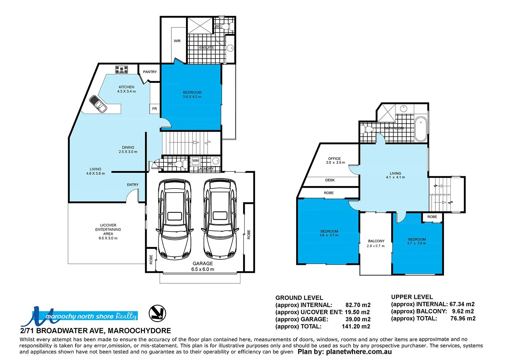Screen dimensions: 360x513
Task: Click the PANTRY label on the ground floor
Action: pyautogui.click(x=150, y=72)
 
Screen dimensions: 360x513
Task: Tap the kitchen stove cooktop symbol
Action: pyautogui.click(x=121, y=70)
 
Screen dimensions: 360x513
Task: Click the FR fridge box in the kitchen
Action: pyautogui.click(x=155, y=109)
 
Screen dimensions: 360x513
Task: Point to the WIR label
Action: pyautogui.click(x=177, y=41)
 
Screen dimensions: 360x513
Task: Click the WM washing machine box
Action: pyautogui.click(x=195, y=160)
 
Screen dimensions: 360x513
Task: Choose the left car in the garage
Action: pyautogui.click(x=174, y=219)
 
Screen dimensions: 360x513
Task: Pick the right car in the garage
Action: pyautogui.click(x=220, y=219)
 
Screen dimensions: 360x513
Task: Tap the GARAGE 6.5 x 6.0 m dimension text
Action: pyautogui.click(x=203, y=269)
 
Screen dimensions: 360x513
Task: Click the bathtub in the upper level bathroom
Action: pyautogui.click(x=420, y=129)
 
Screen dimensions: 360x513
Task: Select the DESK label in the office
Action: pyautogui.click(x=330, y=180)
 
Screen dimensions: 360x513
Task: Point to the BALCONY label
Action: pyautogui.click(x=376, y=241)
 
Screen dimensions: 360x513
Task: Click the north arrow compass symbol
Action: pyautogui.click(x=158, y=313)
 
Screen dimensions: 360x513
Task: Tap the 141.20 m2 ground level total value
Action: pyautogui.click(x=356, y=326)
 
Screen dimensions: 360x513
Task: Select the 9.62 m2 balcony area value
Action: pyautogui.click(x=463, y=311)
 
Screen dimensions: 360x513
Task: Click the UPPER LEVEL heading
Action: pyautogui.click(x=412, y=297)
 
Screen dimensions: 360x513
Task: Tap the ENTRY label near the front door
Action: pyautogui.click(x=133, y=185)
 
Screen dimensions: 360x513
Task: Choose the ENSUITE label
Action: pyautogui.click(x=207, y=48)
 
